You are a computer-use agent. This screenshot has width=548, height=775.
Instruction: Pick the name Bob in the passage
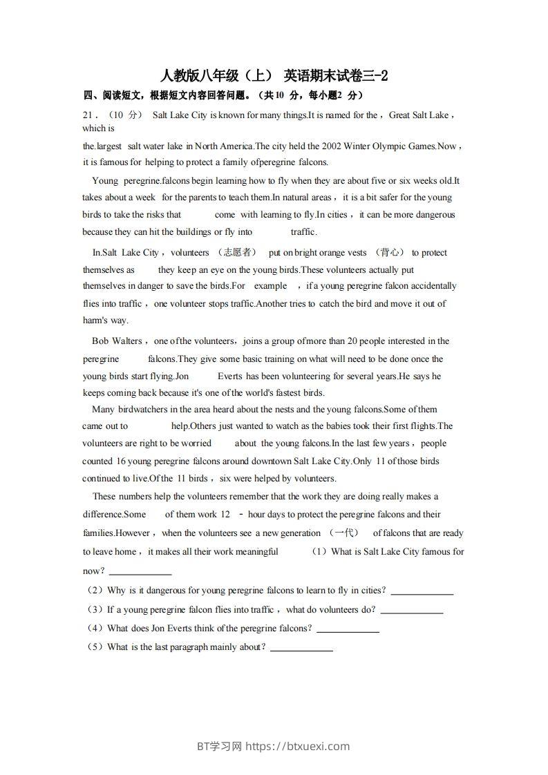[x=100, y=341]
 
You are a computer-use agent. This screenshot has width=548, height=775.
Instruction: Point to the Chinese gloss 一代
[x=343, y=533]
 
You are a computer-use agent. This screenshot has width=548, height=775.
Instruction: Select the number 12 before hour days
[x=225, y=515]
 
